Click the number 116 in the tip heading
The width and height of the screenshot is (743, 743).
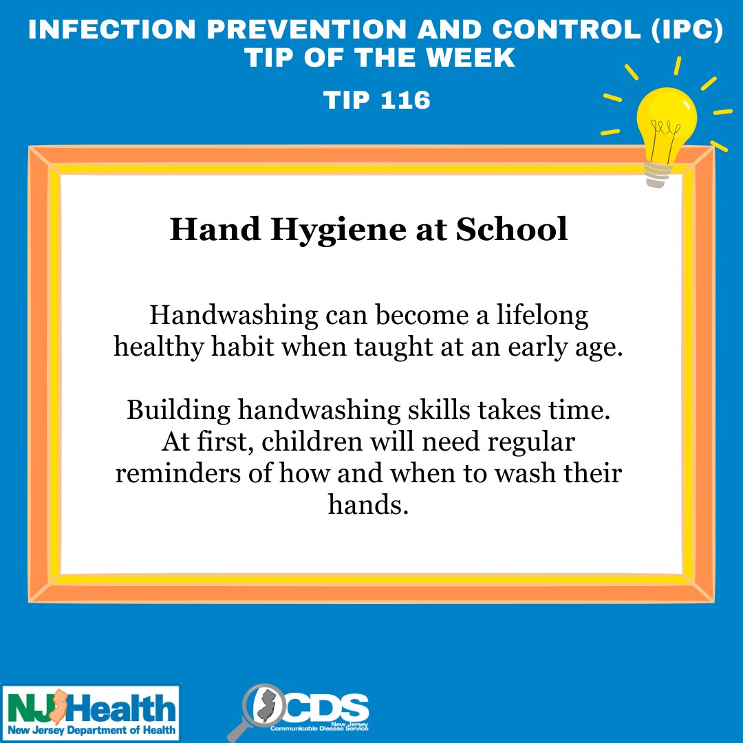(x=406, y=100)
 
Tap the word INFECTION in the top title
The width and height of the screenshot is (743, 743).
(x=112, y=30)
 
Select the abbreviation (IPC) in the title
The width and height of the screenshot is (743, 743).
(x=687, y=30)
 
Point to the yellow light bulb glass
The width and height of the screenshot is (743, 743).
(x=667, y=124)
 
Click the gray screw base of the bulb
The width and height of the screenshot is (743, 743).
(x=658, y=174)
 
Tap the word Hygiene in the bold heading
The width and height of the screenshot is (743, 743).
(x=338, y=230)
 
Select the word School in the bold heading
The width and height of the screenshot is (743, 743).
(x=512, y=229)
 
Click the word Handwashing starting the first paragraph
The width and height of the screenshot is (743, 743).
(x=234, y=316)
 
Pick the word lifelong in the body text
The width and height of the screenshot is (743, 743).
(x=542, y=316)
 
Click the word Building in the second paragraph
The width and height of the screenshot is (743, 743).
(x=179, y=411)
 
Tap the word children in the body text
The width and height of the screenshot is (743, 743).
(x=312, y=442)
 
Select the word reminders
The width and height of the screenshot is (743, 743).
(x=178, y=473)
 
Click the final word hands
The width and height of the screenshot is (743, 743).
(x=368, y=504)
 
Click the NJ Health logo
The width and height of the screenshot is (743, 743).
(x=91, y=713)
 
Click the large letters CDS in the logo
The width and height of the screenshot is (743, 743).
(x=326, y=707)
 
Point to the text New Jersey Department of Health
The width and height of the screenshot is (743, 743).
(x=91, y=730)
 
